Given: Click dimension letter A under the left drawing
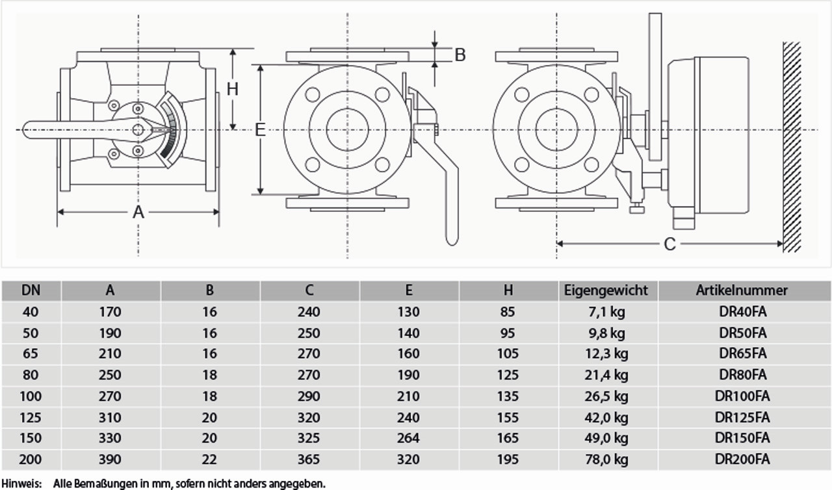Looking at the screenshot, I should tap(138, 212).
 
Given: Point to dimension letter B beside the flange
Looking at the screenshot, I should tap(460, 55).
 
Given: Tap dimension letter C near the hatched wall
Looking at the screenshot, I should tap(669, 244).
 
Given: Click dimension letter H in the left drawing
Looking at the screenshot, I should tap(233, 88).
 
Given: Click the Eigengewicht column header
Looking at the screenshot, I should tap(606, 290).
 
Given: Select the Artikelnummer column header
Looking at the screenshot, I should tap(742, 290).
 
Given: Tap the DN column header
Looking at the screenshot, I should tap(31, 290).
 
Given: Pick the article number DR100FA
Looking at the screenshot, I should tap(742, 396).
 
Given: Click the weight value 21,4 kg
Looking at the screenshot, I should tap(606, 375).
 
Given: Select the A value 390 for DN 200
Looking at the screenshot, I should tap(110, 459).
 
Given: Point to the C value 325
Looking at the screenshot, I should tap(309, 438).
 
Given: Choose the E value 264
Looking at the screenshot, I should tap(408, 438).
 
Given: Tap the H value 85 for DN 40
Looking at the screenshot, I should tap(508, 312).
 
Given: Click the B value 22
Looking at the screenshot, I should tap(209, 459).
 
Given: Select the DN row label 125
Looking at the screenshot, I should tap(31, 417).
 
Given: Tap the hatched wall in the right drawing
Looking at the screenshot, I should tap(791, 146).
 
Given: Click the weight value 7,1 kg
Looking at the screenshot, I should tap(606, 312).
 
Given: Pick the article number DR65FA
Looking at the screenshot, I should tap(742, 354).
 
